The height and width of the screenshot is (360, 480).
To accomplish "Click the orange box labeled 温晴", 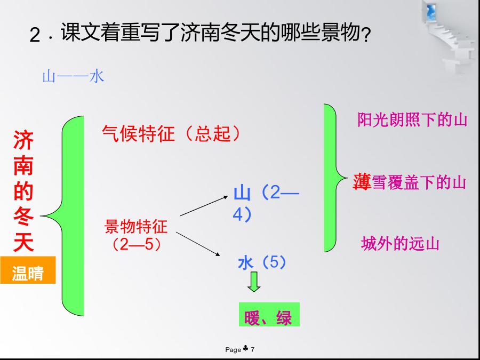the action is [x=28, y=270].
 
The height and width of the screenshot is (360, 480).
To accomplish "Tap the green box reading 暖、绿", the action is [x=269, y=314].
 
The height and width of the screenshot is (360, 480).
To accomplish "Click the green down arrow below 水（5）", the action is [x=254, y=282].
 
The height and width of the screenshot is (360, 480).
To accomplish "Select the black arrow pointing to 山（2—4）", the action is [x=204, y=206].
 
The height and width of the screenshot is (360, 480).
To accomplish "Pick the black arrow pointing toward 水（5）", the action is [x=198, y=244].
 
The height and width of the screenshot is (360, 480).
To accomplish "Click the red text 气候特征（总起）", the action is [x=171, y=133].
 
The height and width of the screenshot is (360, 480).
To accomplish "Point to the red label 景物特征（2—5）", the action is [x=136, y=235].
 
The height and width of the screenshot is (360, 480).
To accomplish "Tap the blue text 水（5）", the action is [x=262, y=262].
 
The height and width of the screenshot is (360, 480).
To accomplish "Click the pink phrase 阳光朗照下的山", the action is [x=412, y=119].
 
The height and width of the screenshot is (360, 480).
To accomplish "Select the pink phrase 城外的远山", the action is [x=400, y=244].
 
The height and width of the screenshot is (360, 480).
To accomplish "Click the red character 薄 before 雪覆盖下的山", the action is [x=362, y=181].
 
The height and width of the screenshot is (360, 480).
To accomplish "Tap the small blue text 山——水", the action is [x=73, y=76].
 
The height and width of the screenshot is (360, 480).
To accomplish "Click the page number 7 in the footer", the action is [x=253, y=349].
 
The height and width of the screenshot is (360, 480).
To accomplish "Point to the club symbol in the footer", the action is [x=246, y=348].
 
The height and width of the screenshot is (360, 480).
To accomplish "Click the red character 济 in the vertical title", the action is [x=23, y=140].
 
